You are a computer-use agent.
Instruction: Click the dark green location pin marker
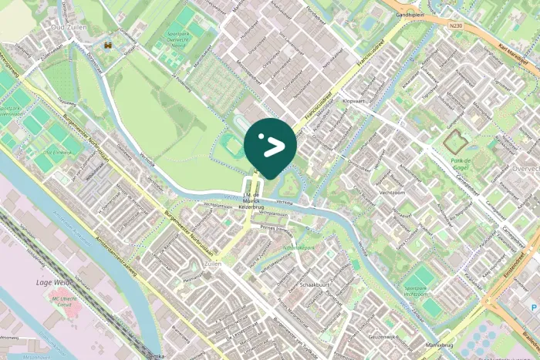[270, 143]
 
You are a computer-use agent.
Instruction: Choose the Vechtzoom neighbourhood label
[392, 193]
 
